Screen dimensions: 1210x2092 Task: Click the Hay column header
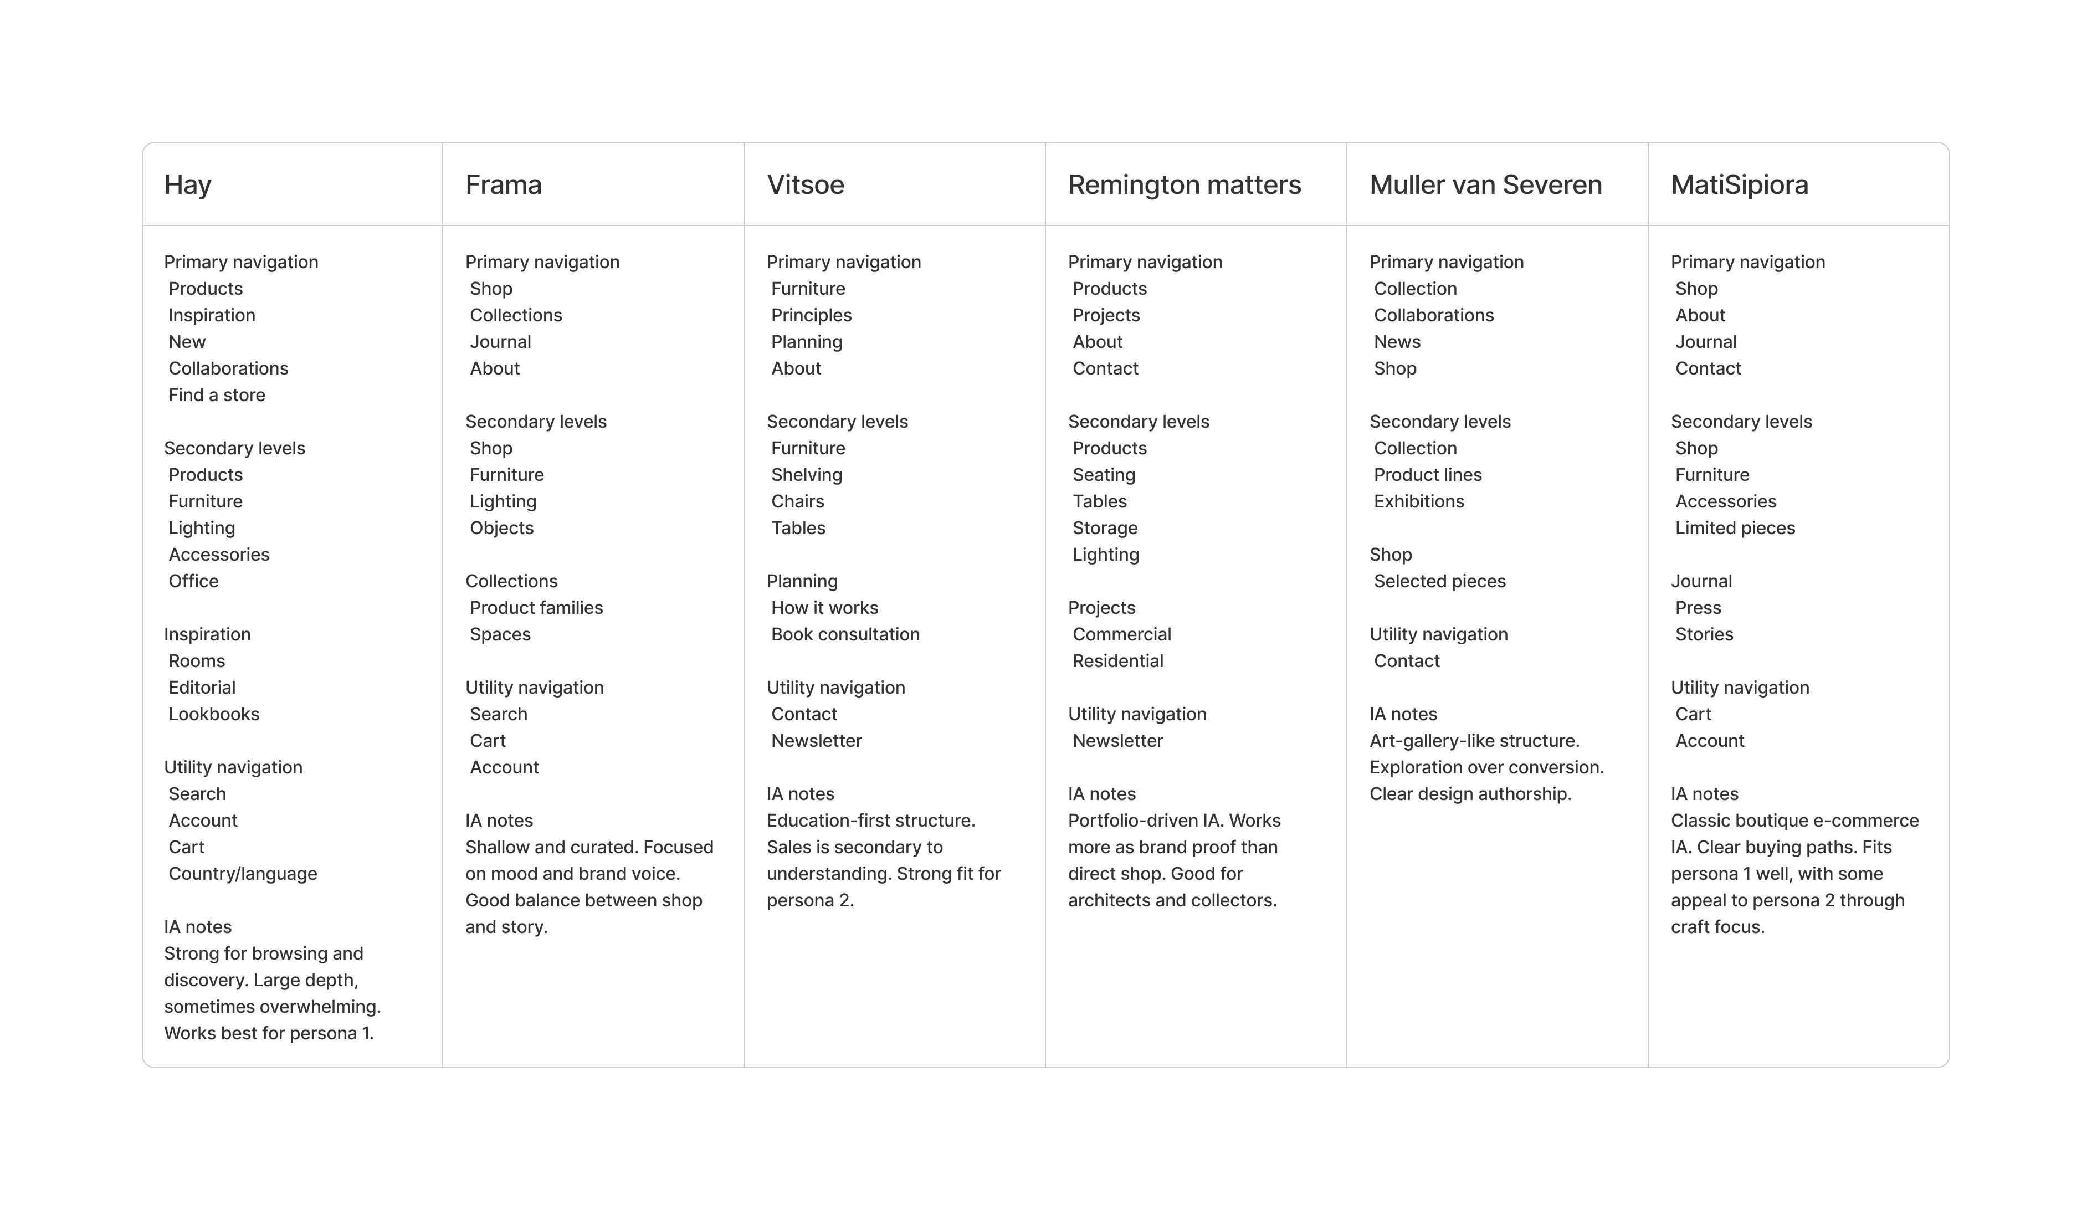pyautogui.click(x=188, y=184)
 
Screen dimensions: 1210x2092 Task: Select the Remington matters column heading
pyautogui.click(x=1184, y=184)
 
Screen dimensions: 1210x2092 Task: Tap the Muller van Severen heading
pyautogui.click(x=1485, y=184)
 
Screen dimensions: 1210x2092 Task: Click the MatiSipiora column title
pyautogui.click(x=1739, y=184)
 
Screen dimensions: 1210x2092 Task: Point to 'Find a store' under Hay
pyautogui.click(x=217, y=395)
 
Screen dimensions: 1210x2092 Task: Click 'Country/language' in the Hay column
pyautogui.click(x=243, y=874)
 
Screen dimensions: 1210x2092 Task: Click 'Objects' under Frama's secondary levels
pyautogui.click(x=501, y=528)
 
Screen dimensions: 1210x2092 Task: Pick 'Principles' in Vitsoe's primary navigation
pyautogui.click(x=811, y=315)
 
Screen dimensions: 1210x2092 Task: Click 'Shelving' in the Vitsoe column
pyautogui.click(x=806, y=475)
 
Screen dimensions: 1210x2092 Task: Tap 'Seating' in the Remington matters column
pyautogui.click(x=1103, y=475)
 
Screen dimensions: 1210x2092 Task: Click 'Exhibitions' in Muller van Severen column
pyautogui.click(x=1419, y=501)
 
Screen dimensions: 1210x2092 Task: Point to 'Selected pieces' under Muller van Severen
pyautogui.click(x=1439, y=581)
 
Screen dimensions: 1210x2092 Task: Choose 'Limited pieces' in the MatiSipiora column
pyautogui.click(x=1734, y=528)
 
